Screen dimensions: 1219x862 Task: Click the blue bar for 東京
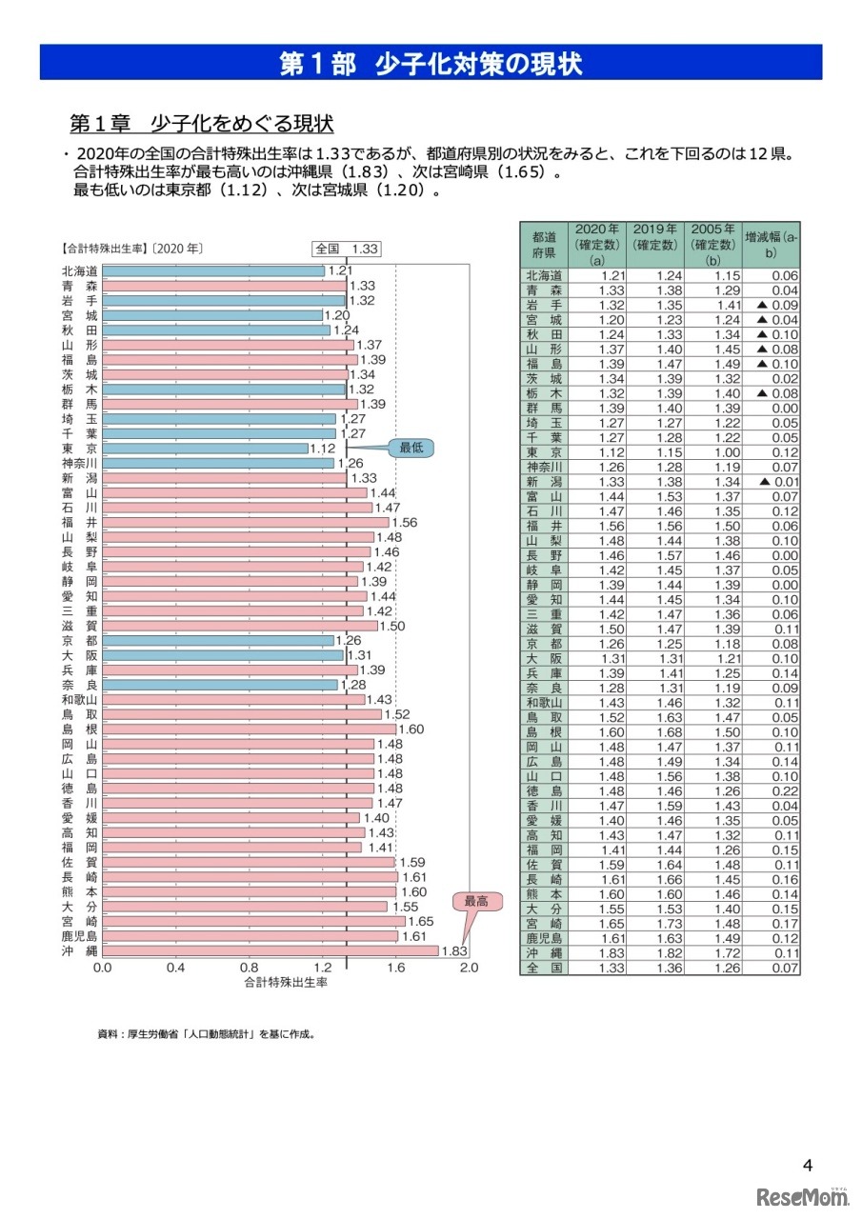[x=205, y=448]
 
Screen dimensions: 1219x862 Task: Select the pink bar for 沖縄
[x=270, y=950]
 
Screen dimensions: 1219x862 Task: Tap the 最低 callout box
[x=411, y=447]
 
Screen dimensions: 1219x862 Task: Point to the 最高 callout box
[x=475, y=900]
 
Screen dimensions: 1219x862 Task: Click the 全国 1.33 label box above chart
[x=348, y=249]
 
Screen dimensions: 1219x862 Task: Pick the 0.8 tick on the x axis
[x=249, y=967]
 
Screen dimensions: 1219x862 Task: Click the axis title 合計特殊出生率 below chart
[x=286, y=981]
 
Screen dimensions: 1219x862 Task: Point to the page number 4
[x=808, y=1166]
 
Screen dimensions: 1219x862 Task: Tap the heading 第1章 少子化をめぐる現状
[x=201, y=124]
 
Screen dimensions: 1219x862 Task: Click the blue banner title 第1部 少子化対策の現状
[x=431, y=64]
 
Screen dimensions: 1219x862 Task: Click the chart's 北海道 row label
[x=78, y=270]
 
